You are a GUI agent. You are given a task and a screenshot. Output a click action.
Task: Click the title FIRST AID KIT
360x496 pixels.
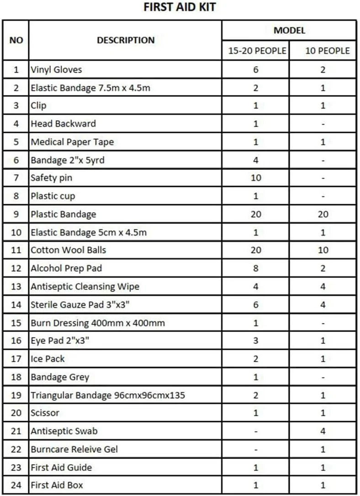[x=180, y=7]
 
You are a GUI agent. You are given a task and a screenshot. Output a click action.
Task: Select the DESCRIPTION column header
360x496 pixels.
[x=126, y=40]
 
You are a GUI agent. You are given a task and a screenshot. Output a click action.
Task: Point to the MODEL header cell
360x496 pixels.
[x=289, y=31]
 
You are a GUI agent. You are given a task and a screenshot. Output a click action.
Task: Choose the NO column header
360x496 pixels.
[x=16, y=40]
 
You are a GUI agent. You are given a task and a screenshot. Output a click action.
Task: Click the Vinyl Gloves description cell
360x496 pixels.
[x=57, y=70]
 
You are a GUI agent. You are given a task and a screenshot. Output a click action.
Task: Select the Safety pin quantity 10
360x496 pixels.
[x=256, y=178]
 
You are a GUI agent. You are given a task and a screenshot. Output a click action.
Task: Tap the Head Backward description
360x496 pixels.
[x=63, y=124]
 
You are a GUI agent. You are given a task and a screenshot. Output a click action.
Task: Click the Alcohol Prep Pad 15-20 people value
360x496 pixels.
[x=256, y=268]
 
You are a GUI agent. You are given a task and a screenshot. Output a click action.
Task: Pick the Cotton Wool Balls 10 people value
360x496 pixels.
[x=323, y=250]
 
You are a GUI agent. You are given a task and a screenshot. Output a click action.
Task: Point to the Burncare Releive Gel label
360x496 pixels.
[x=74, y=449]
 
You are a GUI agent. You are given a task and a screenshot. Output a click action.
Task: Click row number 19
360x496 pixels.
[x=16, y=395]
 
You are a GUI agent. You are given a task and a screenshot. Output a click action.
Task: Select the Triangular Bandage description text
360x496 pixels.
[x=108, y=395]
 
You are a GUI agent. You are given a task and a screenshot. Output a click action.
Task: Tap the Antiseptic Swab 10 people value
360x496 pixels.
[x=323, y=431]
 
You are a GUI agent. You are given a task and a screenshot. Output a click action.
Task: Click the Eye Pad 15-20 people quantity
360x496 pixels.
[x=256, y=341]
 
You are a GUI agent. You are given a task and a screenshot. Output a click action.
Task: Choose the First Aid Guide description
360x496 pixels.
[x=61, y=468]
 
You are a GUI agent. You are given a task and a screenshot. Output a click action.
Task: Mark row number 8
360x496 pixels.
[x=16, y=196]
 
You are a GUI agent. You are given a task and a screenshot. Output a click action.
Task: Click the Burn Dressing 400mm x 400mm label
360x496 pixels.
[x=98, y=323]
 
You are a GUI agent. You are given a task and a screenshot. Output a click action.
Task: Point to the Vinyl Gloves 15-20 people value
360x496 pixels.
[x=256, y=70]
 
